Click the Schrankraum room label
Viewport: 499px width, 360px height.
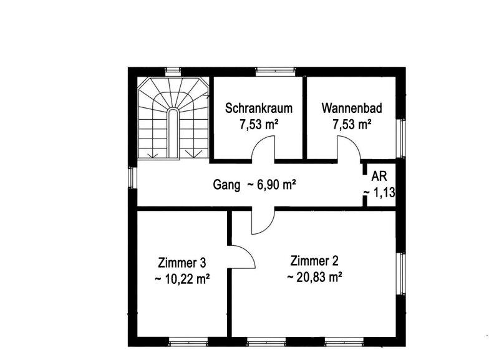258,108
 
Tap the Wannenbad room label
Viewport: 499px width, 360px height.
352,108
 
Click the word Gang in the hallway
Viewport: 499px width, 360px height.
226,185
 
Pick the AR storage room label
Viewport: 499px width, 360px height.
379,177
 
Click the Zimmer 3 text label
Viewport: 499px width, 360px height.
182,263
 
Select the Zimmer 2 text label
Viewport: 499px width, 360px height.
314,261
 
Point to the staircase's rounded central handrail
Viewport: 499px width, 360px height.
173,133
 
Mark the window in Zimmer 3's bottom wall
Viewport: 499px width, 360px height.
188,342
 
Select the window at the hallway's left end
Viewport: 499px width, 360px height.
132,177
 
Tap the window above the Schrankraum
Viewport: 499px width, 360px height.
276,72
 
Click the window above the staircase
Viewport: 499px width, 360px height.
173,72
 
